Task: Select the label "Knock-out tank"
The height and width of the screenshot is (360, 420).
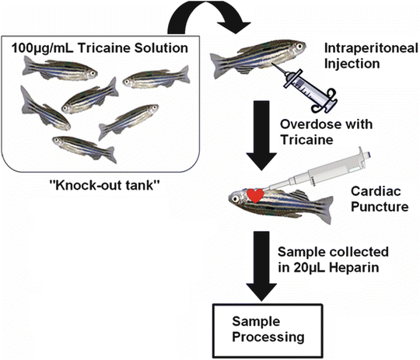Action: (100, 187)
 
